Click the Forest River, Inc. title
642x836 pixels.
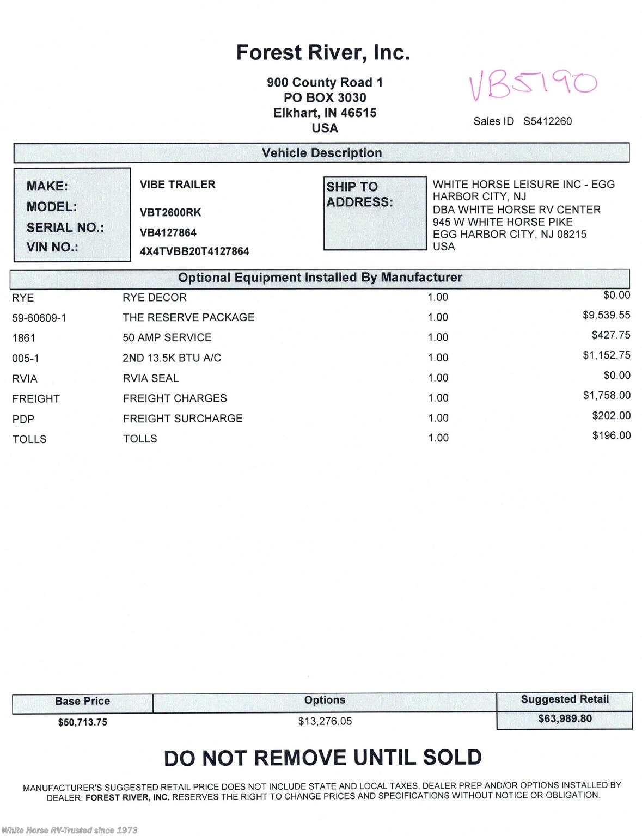tap(323, 53)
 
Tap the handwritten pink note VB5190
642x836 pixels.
tap(533, 85)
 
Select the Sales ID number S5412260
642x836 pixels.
tap(547, 121)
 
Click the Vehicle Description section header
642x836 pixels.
tap(321, 153)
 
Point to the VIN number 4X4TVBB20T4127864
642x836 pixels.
tap(194, 251)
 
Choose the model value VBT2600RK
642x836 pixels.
tap(170, 212)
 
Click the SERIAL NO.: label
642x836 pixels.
tap(65, 228)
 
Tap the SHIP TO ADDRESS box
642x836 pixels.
tap(375, 213)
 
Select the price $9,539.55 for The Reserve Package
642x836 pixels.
tap(606, 315)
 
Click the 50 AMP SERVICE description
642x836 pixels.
tap(167, 337)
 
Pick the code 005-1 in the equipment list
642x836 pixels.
tap(26, 358)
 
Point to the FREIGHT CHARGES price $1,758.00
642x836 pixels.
tap(607, 396)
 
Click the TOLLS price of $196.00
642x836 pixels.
tap(612, 435)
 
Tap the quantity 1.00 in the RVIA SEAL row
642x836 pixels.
tap(438, 378)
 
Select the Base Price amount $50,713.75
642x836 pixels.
tap(83, 722)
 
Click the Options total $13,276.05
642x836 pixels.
tap(325, 721)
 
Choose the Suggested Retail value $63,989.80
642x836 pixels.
tap(565, 718)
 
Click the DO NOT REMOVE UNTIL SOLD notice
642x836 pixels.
tap(323, 758)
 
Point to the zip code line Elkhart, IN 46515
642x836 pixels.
tap(325, 113)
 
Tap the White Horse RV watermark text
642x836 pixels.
tap(70, 830)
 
